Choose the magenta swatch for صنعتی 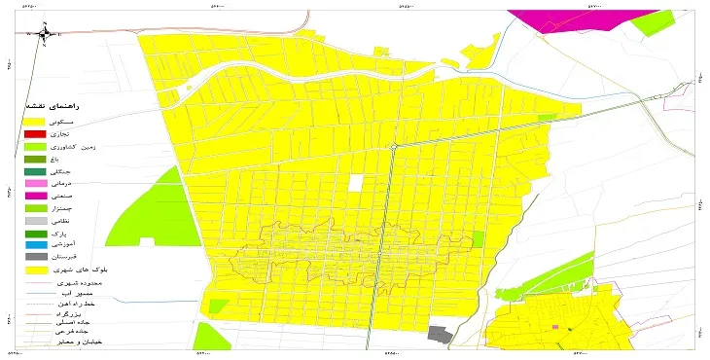pyautogui.click(x=35, y=196)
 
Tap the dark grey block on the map pyautogui.click(x=441, y=334)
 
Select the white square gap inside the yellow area pyautogui.click(x=356, y=182)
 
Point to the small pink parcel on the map pyautogui.click(x=555, y=327)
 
